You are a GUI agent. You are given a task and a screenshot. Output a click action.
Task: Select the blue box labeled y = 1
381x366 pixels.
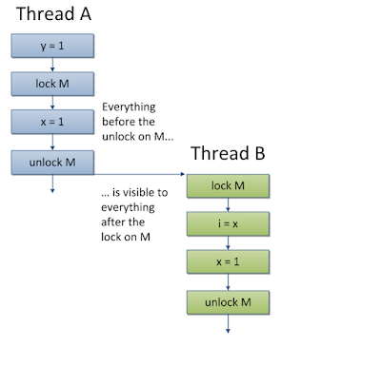[x=51, y=44]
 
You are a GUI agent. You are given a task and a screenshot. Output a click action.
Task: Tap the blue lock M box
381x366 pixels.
[x=51, y=84]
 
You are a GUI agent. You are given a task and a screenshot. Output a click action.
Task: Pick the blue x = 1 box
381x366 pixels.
[x=51, y=123]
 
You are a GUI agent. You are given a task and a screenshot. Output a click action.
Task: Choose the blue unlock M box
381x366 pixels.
[x=51, y=163]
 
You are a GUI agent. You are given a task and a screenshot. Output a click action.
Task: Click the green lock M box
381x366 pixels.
[x=229, y=185]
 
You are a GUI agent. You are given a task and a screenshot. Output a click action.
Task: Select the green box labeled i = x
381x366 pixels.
[x=229, y=225]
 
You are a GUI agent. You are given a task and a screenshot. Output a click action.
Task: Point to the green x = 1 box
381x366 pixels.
[x=229, y=264]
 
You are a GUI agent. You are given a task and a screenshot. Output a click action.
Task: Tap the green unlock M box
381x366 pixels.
[x=229, y=304]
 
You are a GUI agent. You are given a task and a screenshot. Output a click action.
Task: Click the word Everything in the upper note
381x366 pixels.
[x=129, y=108]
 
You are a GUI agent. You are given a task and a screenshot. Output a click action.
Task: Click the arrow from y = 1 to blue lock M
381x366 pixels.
[x=51, y=64]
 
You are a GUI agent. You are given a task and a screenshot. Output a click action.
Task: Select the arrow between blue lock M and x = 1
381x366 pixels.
[x=51, y=104]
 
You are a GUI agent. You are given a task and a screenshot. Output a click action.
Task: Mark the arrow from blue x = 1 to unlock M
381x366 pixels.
[x=51, y=143]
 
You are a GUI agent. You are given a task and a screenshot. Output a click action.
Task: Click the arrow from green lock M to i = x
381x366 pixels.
[x=229, y=205]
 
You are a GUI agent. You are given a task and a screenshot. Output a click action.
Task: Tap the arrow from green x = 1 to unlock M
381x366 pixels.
[x=229, y=284]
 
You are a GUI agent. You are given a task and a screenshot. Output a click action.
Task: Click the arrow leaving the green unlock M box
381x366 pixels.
[x=229, y=325]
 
